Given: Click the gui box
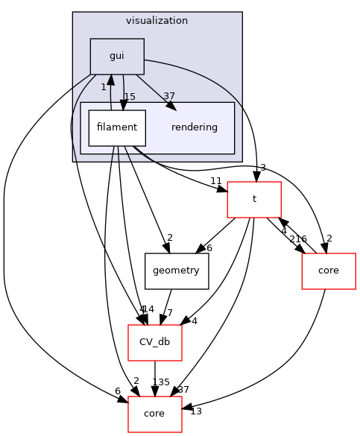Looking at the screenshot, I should point(116,56).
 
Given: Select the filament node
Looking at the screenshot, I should point(116,127).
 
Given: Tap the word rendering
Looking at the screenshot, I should point(194,127).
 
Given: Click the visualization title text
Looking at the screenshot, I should point(157,21).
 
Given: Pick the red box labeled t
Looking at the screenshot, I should point(253,199).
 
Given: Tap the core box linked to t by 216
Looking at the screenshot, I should point(328,271).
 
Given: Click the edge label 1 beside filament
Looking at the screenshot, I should point(104,87).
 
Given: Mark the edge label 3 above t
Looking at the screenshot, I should point(263,168).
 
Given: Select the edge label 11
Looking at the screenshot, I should point(216,181).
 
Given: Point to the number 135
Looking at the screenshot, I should point(161,382).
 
